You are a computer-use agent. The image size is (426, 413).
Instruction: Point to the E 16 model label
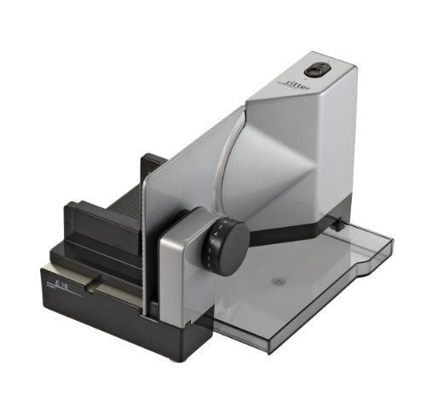click(60, 287)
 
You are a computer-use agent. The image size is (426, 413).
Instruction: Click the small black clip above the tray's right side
click(339, 225)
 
